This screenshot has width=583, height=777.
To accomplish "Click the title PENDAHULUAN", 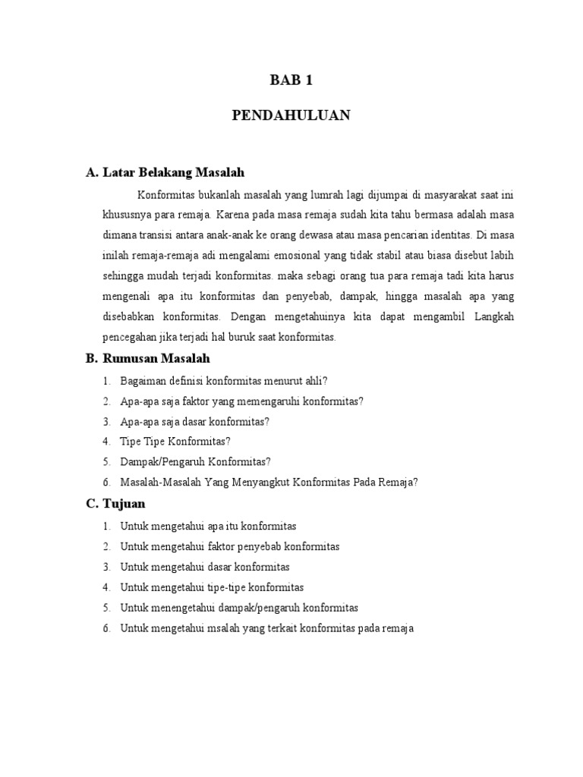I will coord(291,115).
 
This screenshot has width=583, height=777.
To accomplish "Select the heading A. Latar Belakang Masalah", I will coord(165,173).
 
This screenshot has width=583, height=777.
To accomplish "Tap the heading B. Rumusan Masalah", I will coord(148,358).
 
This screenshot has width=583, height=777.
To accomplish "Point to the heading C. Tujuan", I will coord(115,504).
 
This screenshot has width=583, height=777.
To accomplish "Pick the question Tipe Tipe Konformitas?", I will coord(175,441).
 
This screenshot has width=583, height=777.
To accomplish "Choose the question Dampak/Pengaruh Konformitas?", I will coord(195,461).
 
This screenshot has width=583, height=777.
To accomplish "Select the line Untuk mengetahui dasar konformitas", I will coord(204,567).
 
